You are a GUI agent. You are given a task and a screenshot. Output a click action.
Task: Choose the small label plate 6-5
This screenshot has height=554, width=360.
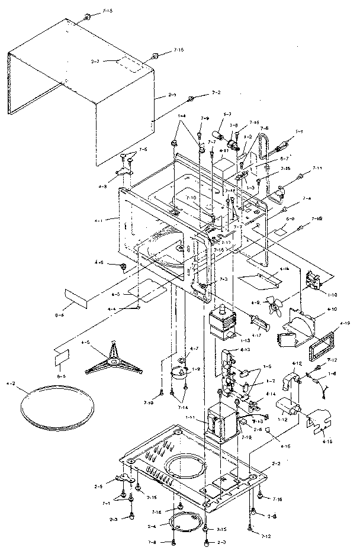pos(62,357)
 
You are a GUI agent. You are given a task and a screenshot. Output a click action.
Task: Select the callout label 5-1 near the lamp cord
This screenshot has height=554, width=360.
pos(300,131)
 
